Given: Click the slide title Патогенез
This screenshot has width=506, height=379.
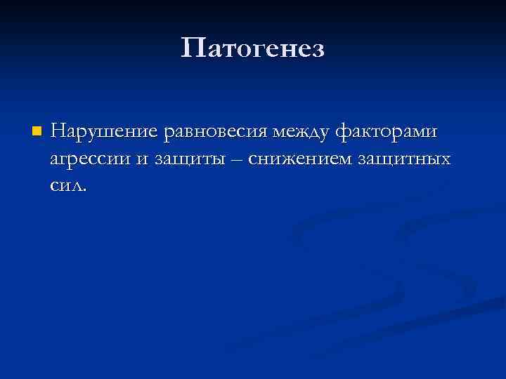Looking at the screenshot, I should point(253,48).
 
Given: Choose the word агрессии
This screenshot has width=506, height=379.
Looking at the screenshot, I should point(89,159).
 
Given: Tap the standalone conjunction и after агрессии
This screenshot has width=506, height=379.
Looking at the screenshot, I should point(141,159).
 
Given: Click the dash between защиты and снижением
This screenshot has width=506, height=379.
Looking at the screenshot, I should point(235,160).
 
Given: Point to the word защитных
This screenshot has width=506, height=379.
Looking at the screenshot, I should point(404,160).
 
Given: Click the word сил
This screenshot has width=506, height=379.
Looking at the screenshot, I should point(66,186).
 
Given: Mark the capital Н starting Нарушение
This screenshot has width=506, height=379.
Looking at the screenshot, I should point(58,131).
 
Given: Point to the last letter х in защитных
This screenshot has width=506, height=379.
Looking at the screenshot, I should point(444,160).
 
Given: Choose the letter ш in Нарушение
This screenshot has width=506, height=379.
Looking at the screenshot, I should point(108,132).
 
